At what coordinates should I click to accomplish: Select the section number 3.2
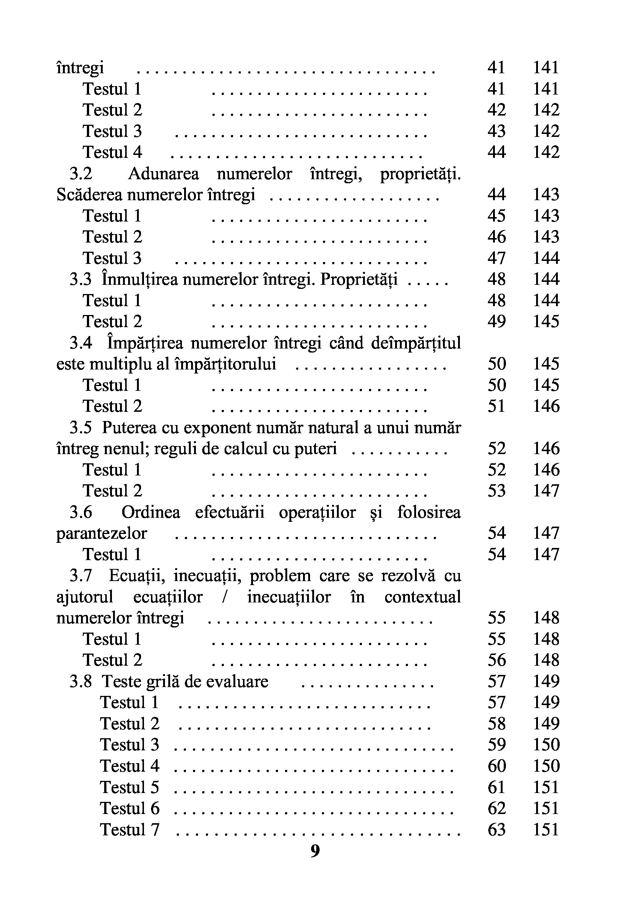[x=81, y=174]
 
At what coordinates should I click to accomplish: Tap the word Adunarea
[x=163, y=174]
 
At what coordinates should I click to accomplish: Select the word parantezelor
[x=102, y=533]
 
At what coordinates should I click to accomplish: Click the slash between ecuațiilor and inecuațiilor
[x=225, y=597]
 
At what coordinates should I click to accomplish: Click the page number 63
[x=496, y=829]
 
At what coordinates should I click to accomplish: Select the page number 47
[x=496, y=258]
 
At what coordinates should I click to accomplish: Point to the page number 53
[x=496, y=491]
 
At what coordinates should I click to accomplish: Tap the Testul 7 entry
[x=130, y=829]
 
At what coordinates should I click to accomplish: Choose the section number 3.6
[x=81, y=512]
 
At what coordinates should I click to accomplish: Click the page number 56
[x=496, y=660]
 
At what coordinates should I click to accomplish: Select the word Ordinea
[x=151, y=512]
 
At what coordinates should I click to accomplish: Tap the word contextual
[x=422, y=597]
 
